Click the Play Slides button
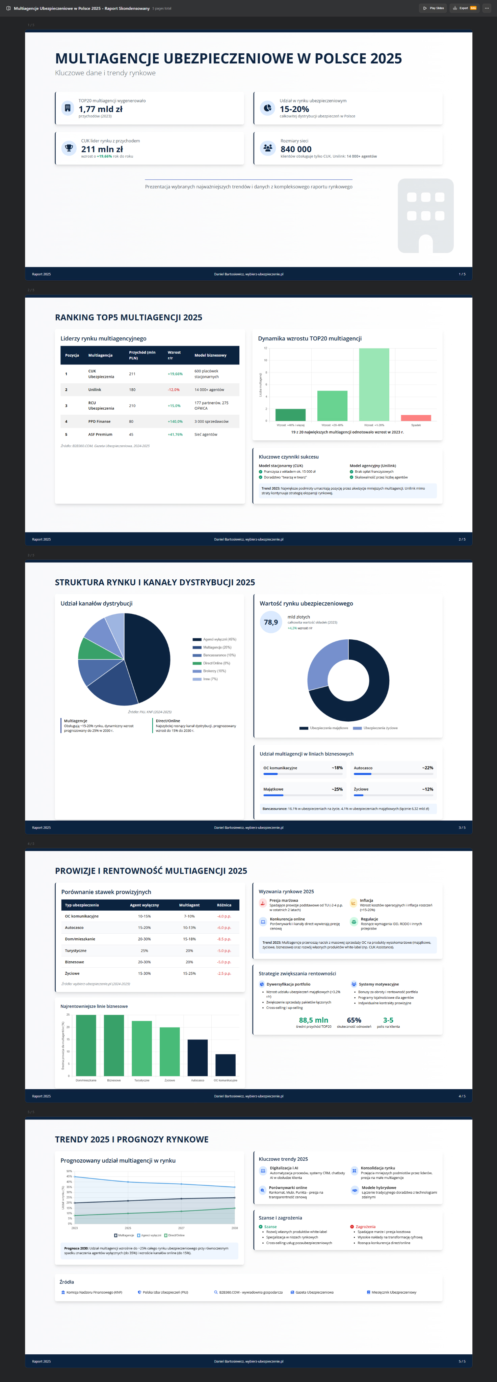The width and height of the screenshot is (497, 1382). click(433, 8)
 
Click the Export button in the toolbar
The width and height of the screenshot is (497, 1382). click(464, 8)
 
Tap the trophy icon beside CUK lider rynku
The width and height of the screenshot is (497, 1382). click(68, 147)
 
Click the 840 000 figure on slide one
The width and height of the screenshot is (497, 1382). click(296, 149)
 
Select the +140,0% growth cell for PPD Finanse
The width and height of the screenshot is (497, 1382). click(175, 422)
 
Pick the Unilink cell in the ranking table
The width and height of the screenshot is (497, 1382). click(95, 389)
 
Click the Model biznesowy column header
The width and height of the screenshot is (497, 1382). click(210, 355)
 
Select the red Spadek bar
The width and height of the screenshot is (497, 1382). click(416, 418)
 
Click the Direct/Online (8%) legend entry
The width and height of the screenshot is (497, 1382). click(215, 663)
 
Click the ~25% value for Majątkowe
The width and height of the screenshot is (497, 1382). click(337, 789)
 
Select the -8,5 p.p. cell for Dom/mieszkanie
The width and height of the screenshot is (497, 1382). click(224, 939)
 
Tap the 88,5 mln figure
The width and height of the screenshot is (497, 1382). click(313, 1020)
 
